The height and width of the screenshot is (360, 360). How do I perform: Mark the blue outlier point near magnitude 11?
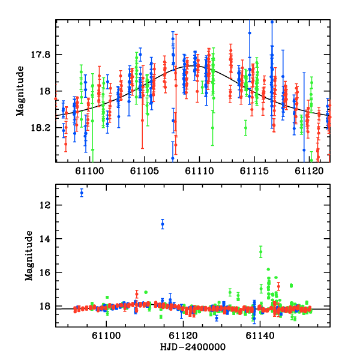tap(82, 193)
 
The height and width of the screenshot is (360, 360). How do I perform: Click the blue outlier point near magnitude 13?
tap(163, 224)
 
